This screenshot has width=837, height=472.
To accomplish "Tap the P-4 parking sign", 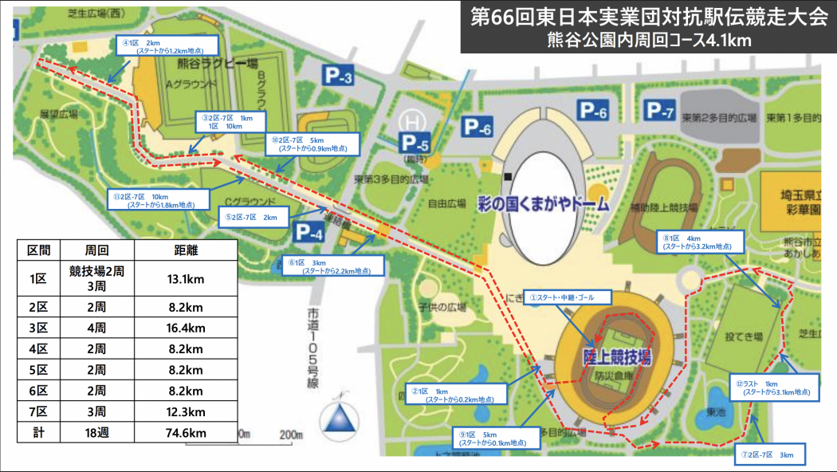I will (x=311, y=232).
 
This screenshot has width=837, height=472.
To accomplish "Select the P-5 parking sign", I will (x=415, y=144).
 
